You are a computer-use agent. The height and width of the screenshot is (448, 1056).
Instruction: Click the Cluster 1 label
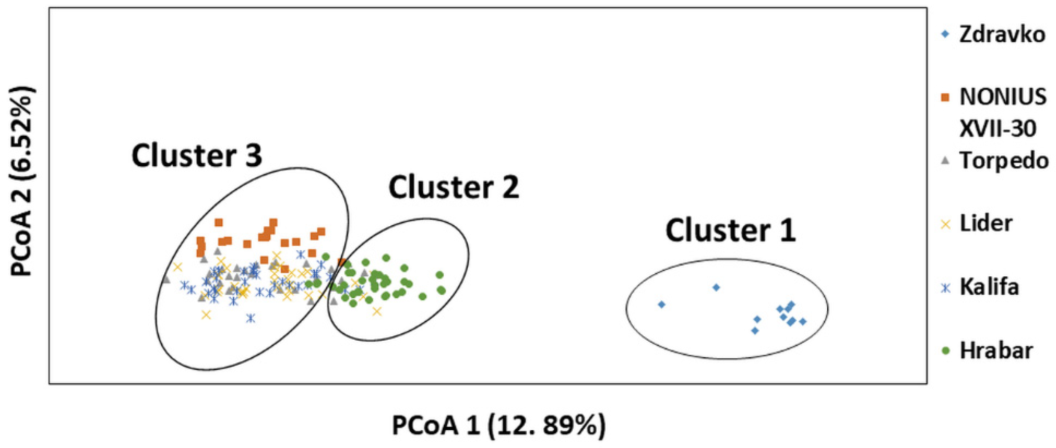pyautogui.click(x=730, y=230)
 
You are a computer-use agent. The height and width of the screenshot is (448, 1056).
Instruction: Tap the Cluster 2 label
pyautogui.click(x=454, y=188)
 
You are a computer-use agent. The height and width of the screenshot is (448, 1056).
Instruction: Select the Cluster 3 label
pyautogui.click(x=197, y=156)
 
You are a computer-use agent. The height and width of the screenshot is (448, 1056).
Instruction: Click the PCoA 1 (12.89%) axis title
pyautogui.click(x=498, y=425)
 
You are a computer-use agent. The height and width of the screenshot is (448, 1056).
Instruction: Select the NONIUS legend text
pyautogui.click(x=1003, y=98)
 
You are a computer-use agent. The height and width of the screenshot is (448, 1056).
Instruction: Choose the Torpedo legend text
pyautogui.click(x=1004, y=161)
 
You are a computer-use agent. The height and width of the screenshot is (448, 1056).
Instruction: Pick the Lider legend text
pyautogui.click(x=986, y=223)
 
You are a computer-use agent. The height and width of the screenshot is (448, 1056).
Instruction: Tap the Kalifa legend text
pyautogui.click(x=989, y=287)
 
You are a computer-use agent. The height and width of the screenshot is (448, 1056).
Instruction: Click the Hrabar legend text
pyautogui.click(x=996, y=351)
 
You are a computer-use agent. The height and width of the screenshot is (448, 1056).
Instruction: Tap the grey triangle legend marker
pyautogui.click(x=945, y=161)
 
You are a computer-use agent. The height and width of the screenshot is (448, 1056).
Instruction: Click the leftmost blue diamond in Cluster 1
pyautogui.click(x=661, y=304)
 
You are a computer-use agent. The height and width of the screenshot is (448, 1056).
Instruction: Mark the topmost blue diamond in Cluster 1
pyautogui.click(x=716, y=287)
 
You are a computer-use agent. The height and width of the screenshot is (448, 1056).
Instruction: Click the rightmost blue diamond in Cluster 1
pyautogui.click(x=803, y=322)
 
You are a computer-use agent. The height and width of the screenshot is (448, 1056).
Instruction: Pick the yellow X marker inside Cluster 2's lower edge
pyautogui.click(x=377, y=312)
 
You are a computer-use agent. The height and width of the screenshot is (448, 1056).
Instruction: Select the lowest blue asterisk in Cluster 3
pyautogui.click(x=251, y=318)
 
